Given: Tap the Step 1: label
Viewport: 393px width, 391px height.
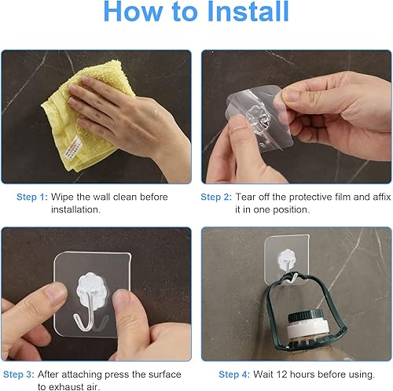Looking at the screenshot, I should click(31, 197).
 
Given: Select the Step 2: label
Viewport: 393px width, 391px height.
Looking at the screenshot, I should click(215, 197).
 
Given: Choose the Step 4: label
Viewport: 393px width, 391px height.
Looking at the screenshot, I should click(234, 374).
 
